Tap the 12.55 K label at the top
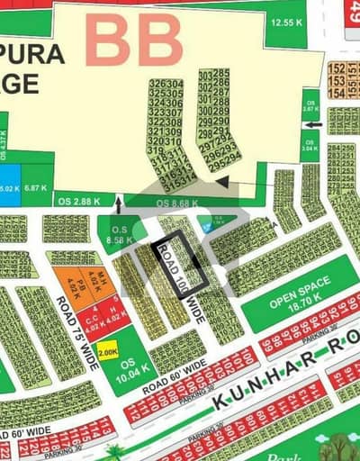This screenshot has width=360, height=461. pyautogui.click(x=285, y=21)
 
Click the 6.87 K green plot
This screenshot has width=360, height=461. pyautogui.click(x=36, y=187)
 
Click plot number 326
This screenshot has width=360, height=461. pyautogui.click(x=156, y=84)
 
